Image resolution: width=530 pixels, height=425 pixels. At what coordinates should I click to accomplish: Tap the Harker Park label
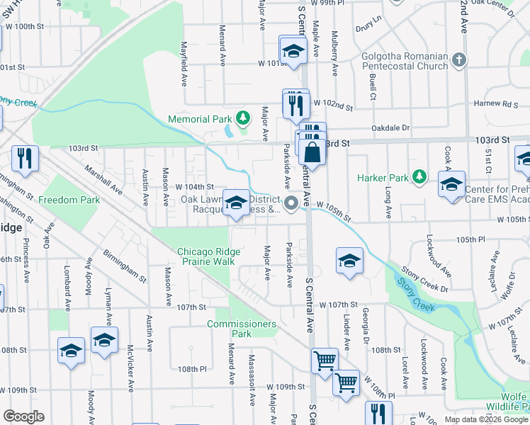tap(383, 177)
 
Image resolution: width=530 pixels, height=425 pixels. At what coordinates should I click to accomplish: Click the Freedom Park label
tap(69, 200)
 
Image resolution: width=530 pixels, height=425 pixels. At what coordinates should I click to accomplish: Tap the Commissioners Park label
tap(242, 329)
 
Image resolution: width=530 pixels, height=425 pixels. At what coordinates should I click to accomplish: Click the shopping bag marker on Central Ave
tap(312, 152)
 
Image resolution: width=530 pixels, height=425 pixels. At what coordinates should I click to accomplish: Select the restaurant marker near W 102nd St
tap(295, 105)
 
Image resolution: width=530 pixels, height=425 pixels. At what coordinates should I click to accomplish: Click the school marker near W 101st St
tap(293, 51)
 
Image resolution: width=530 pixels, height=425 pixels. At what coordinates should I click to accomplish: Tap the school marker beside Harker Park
tap(451, 186)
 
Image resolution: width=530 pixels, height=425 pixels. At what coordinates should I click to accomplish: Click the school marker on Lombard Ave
tap(72, 350)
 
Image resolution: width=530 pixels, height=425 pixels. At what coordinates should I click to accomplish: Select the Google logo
tap(24, 416)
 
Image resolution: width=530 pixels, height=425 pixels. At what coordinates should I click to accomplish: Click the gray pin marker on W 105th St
tap(291, 205)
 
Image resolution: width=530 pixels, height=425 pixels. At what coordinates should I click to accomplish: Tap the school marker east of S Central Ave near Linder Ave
tap(349, 262)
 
